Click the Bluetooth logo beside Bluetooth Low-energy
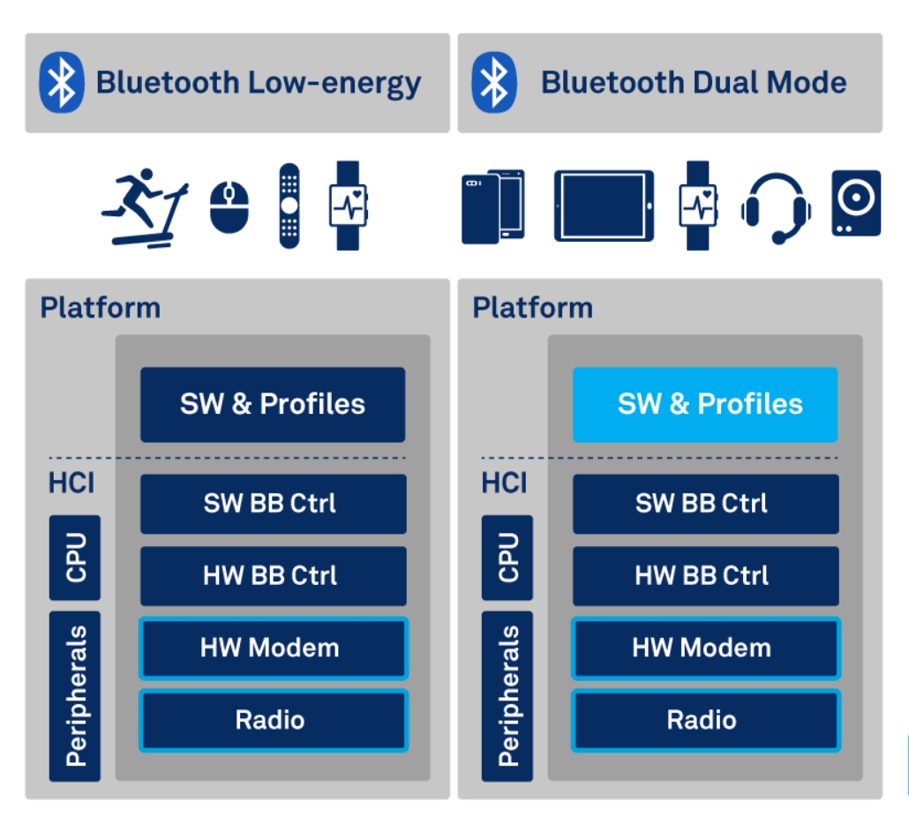[x=62, y=82]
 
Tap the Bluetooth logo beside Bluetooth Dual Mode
[x=494, y=82]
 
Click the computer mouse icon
[x=229, y=206]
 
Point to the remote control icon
[x=289, y=206]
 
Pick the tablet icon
[x=604, y=206]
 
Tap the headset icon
[x=776, y=207]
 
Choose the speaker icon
[x=856, y=203]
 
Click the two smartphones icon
[x=492, y=206]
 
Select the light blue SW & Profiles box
[x=705, y=404]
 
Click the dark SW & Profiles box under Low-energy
[x=273, y=404]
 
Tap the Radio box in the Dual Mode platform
[x=705, y=720]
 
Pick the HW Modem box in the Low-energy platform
[x=273, y=648]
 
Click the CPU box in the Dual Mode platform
[x=507, y=558]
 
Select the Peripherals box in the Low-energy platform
[x=75, y=696]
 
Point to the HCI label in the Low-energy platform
[x=71, y=483]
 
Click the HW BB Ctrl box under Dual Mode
[x=705, y=575]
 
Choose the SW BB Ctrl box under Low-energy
[x=273, y=504]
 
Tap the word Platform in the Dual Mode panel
[x=532, y=308]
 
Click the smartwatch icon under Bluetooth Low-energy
[x=349, y=206]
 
